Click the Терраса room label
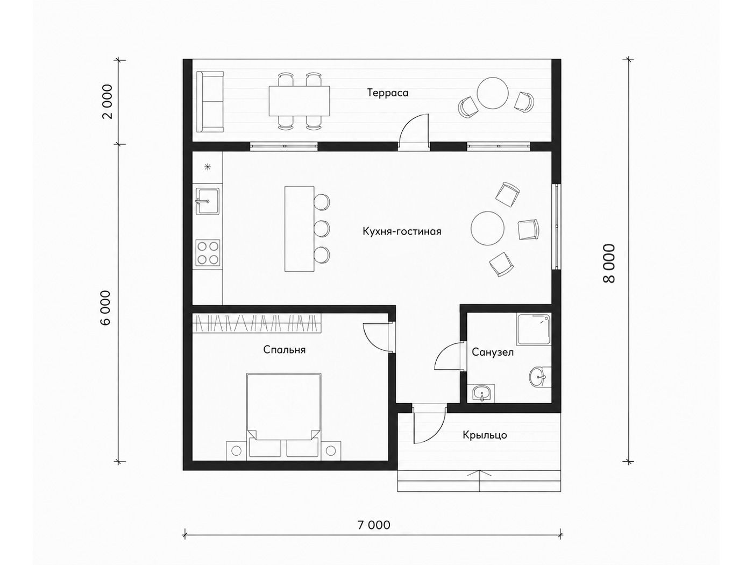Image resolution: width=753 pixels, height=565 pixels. (x=388, y=93)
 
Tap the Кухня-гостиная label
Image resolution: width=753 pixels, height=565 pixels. (x=402, y=231)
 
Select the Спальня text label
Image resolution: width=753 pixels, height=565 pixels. (x=285, y=350)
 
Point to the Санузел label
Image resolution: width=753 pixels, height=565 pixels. (x=493, y=352)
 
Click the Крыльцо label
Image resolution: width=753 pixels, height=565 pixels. (x=485, y=435)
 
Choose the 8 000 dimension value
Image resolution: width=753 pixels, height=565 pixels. (x=609, y=263)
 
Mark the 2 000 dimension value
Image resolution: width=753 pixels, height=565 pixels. (x=108, y=101)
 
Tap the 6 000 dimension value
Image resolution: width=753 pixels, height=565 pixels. (x=106, y=308)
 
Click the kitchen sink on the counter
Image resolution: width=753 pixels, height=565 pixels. (x=208, y=201)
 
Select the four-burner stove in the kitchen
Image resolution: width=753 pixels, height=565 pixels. (x=208, y=253)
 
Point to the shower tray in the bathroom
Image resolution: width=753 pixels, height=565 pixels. (x=534, y=330)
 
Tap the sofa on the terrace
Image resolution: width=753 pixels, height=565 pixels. (x=210, y=102)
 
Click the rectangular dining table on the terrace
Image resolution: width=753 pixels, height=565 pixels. (x=299, y=101)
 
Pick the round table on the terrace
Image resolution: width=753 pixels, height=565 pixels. (x=493, y=93)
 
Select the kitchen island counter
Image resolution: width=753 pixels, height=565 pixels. (x=299, y=229)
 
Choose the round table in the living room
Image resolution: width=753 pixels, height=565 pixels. (x=487, y=228)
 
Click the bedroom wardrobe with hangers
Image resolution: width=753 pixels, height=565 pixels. (x=257, y=323)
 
